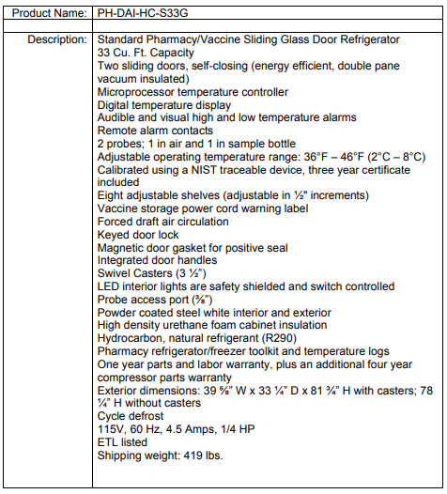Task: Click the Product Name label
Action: tap(46, 14)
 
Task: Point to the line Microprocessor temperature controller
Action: tap(193, 92)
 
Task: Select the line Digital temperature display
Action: tap(164, 105)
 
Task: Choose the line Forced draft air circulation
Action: tap(163, 222)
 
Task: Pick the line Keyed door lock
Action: tap(139, 235)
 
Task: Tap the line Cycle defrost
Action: tap(131, 416)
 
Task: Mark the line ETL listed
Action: tap(122, 442)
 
